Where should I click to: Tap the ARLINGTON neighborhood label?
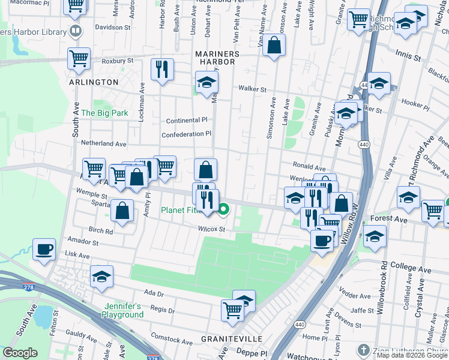click(93, 82)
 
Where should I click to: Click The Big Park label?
click(105, 113)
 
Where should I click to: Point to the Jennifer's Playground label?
click(122, 310)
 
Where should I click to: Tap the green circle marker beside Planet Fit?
click(224, 209)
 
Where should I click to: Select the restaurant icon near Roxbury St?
click(161, 70)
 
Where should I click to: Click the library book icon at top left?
click(74, 31)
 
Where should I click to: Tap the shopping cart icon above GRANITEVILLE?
click(232, 310)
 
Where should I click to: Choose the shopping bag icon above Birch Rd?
click(122, 211)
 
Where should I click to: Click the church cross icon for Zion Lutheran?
click(363, 349)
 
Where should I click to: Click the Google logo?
click(20, 353)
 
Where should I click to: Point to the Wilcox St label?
click(212, 229)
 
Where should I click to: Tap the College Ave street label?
click(411, 265)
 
